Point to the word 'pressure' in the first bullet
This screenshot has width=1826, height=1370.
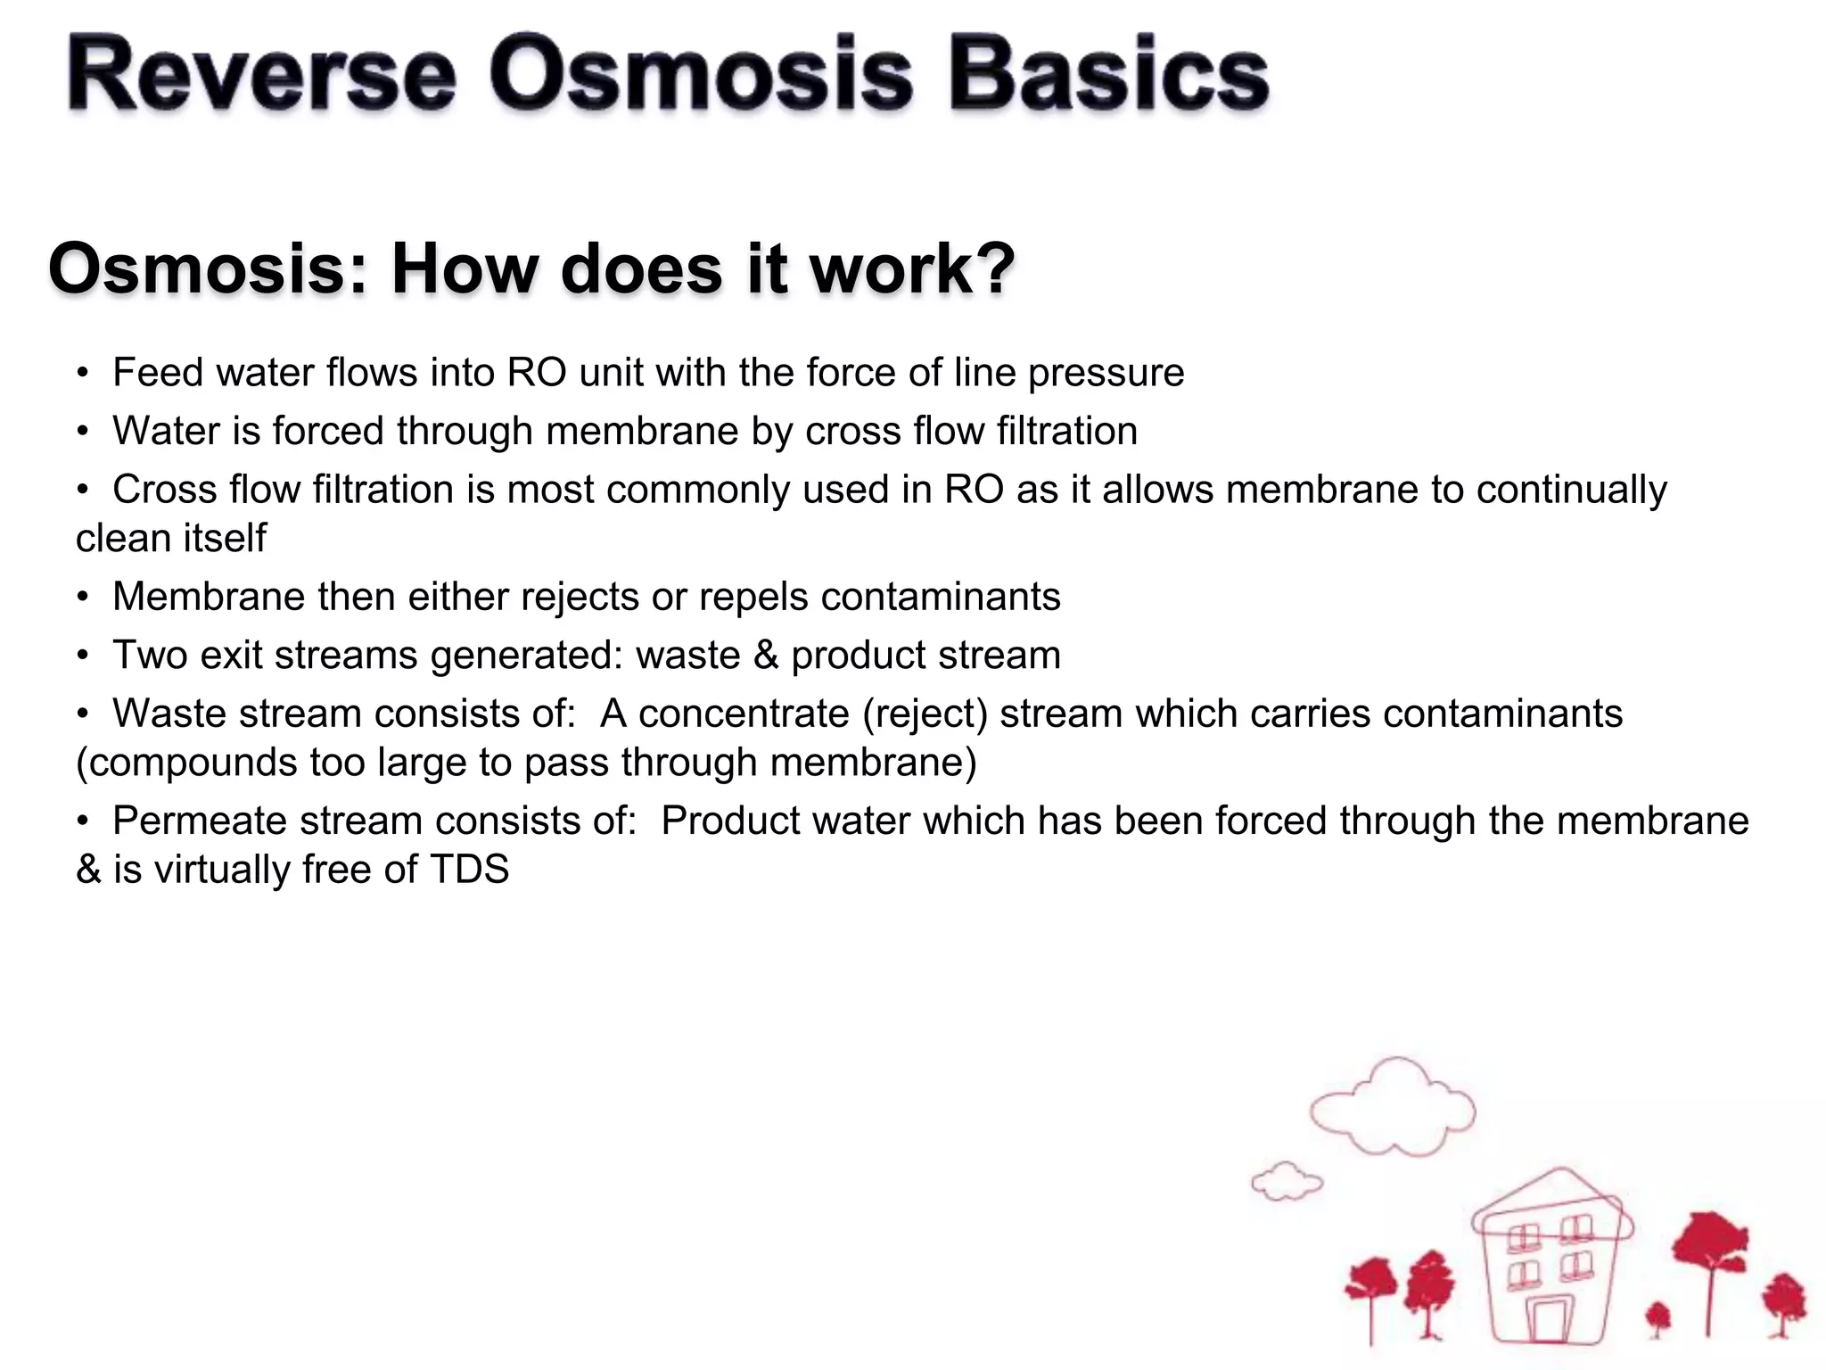coord(1106,374)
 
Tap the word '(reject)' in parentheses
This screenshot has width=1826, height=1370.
coord(925,714)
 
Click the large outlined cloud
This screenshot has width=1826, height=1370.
coord(1392,1108)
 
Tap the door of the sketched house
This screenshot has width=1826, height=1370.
coord(1550,1321)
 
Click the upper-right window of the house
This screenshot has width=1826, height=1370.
coord(1576,1232)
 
